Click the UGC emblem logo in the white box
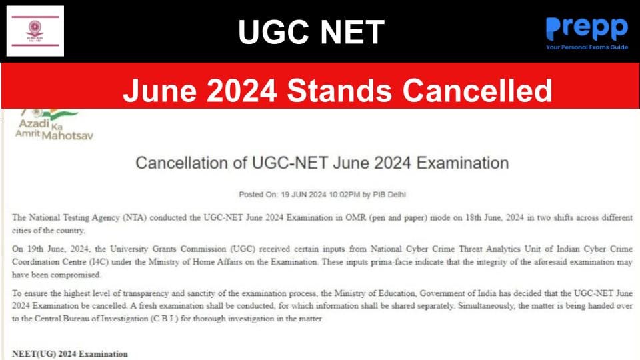(x=35, y=30)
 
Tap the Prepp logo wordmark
(x=587, y=29)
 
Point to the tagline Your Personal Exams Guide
(x=587, y=47)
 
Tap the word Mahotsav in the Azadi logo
(x=67, y=135)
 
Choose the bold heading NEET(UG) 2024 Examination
(x=70, y=353)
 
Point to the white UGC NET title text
(x=311, y=31)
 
